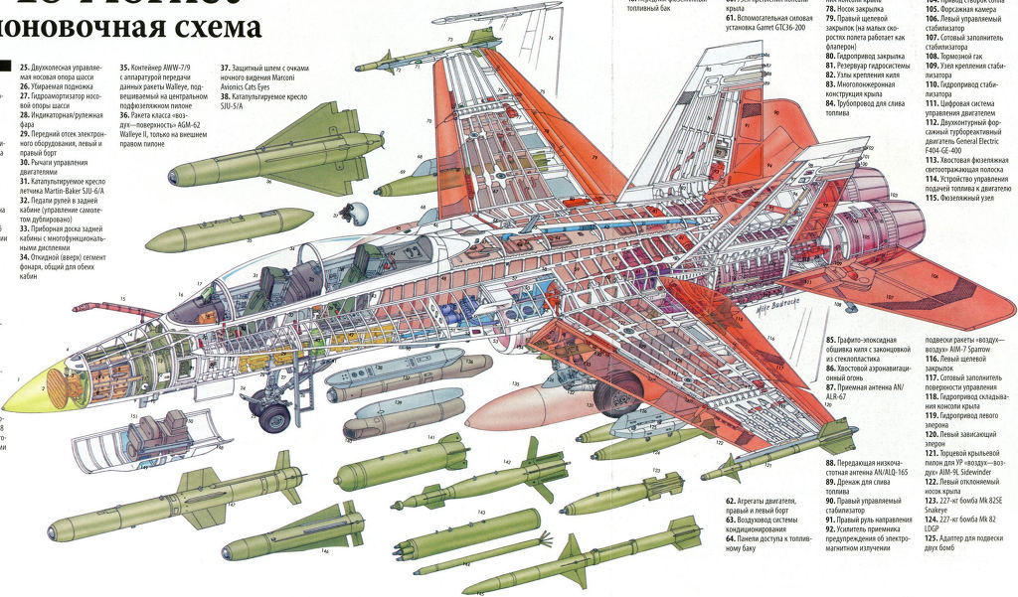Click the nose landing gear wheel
[x=269, y=417]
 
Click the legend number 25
[x=24, y=66]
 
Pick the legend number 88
[x=830, y=463]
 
